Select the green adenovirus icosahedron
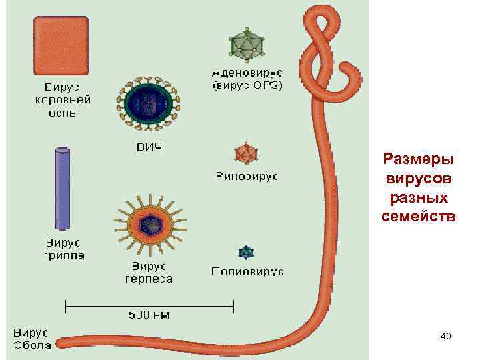[247, 44]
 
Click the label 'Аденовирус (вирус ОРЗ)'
[247, 78]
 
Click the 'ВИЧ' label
[149, 147]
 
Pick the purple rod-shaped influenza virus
[61, 188]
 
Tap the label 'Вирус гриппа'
[65, 248]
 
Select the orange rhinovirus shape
[246, 154]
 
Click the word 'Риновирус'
[247, 177]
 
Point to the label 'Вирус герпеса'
[149, 272]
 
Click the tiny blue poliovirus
[247, 253]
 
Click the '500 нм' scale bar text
[149, 314]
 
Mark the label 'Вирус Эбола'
[31, 338]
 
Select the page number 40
[445, 337]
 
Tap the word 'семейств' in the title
[418, 215]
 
